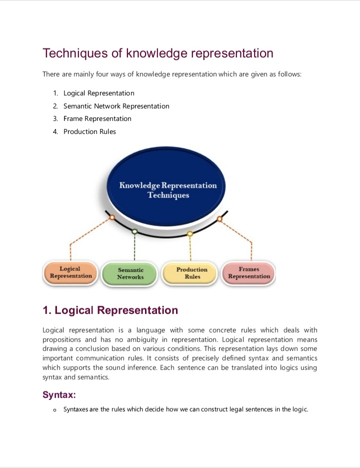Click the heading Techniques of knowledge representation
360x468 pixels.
pyautogui.click(x=157, y=53)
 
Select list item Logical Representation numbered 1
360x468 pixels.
pyautogui.click(x=98, y=93)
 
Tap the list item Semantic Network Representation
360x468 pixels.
pyautogui.click(x=116, y=106)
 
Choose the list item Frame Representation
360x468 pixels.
pyautogui.click(x=97, y=118)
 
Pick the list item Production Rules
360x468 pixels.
pyautogui.click(x=89, y=131)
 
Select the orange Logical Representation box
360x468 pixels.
pyautogui.click(x=70, y=272)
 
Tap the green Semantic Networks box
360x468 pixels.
pyautogui.click(x=130, y=273)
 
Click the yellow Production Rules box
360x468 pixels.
pyautogui.click(x=192, y=273)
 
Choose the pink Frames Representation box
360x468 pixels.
pyautogui.click(x=249, y=272)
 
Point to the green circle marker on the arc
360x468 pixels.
pyautogui.click(x=134, y=231)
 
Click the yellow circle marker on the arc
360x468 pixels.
pyautogui.click(x=189, y=233)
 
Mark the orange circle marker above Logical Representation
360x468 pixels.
pyautogui.click(x=112, y=217)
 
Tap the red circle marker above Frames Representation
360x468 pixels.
pyautogui.click(x=219, y=218)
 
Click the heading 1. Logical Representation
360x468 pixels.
pyautogui.click(x=110, y=310)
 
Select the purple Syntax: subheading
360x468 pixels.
pyautogui.click(x=59, y=395)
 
